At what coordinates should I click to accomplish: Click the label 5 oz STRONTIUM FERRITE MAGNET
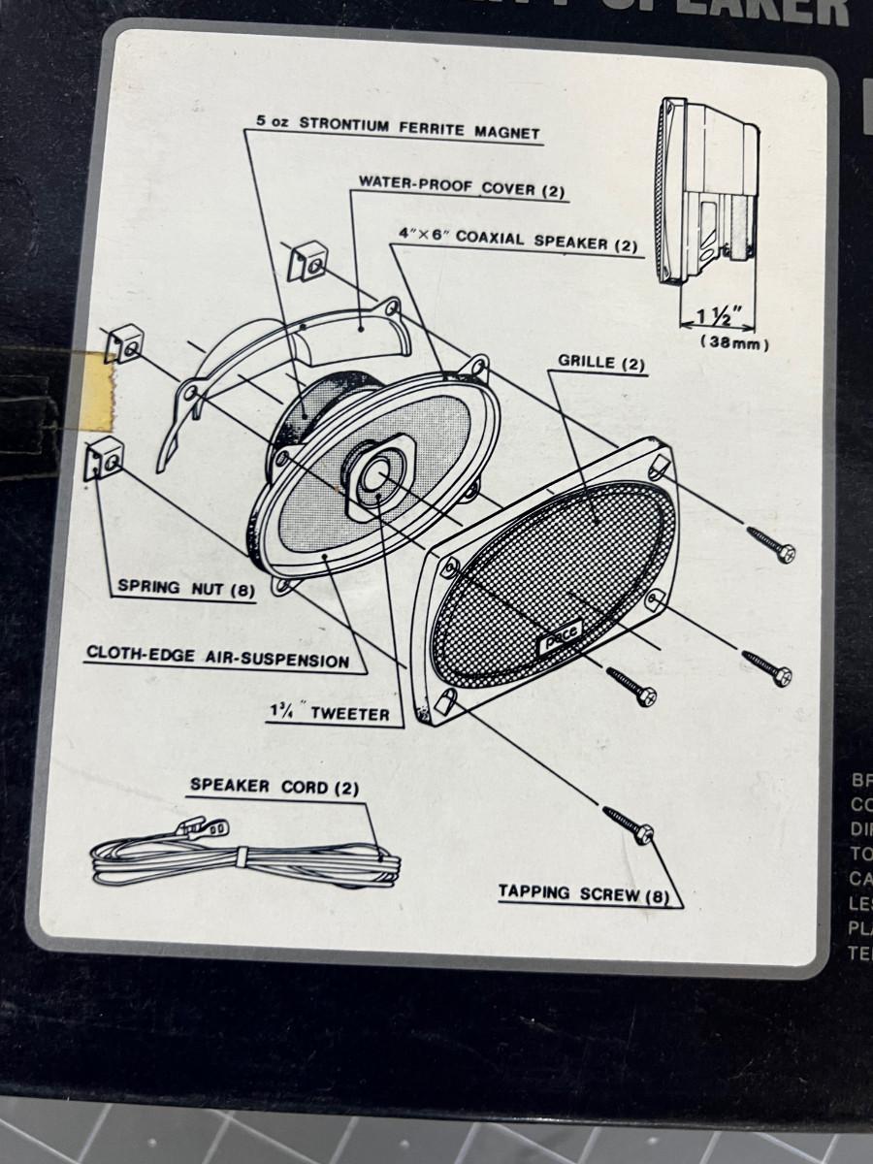[x=398, y=129]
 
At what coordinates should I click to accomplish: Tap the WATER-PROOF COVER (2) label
[x=461, y=186]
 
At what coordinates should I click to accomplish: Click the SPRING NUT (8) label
[x=184, y=588]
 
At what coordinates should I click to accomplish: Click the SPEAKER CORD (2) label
[x=275, y=787]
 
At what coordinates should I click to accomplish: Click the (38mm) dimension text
[x=734, y=343]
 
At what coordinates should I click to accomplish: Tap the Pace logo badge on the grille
[x=556, y=642]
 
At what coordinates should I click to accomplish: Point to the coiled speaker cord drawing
[x=242, y=858]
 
